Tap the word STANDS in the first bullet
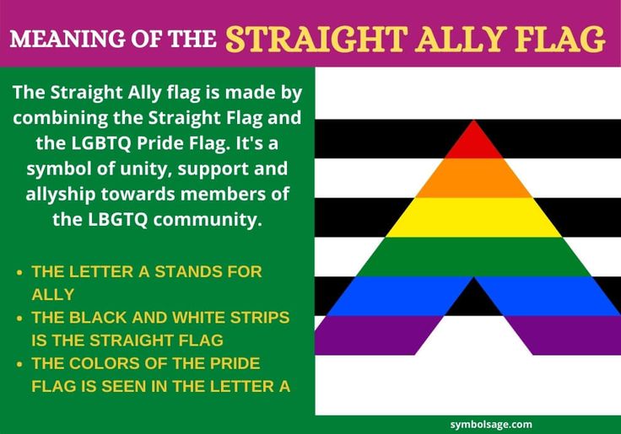tap(178, 272)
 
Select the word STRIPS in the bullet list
tap(253, 318)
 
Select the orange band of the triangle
tap(473, 178)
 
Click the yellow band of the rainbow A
tap(473, 217)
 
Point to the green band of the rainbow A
tap(473, 256)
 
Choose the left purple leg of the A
tap(371, 335)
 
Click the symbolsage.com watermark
tap(491, 425)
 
